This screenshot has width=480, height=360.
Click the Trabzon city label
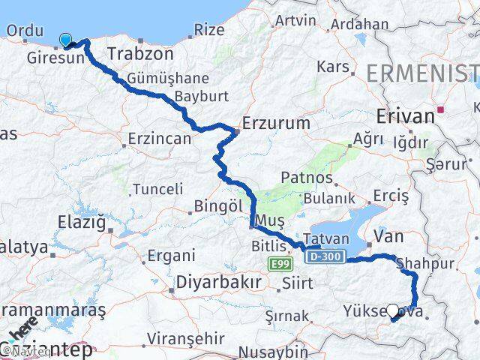140,54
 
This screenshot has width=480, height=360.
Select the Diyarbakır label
218,282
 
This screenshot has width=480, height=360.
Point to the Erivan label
406,116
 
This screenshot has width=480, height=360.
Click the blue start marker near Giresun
66,40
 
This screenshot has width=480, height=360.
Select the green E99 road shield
279,263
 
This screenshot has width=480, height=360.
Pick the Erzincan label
160,139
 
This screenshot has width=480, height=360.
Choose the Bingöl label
217,205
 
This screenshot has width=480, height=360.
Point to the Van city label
388,236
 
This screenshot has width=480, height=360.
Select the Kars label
332,67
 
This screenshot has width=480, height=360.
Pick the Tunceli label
157,190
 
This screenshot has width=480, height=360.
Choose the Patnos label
306,178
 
